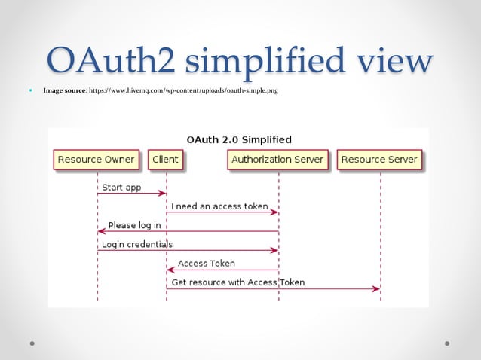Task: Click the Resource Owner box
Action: (96, 160)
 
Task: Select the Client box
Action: (165, 160)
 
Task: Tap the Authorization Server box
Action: (277, 160)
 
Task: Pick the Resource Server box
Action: (379, 160)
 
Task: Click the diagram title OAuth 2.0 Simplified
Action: (238, 139)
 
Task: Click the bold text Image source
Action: (65, 91)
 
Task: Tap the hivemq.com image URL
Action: (184, 91)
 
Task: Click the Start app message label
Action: (121, 187)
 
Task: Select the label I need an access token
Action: (219, 206)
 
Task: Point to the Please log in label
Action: (134, 225)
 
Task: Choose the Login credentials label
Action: (137, 244)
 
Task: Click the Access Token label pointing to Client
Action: (206, 264)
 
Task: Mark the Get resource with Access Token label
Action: (238, 282)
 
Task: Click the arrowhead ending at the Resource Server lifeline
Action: (375, 288)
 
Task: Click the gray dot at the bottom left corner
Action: (33, 343)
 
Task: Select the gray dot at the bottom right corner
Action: (447, 343)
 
